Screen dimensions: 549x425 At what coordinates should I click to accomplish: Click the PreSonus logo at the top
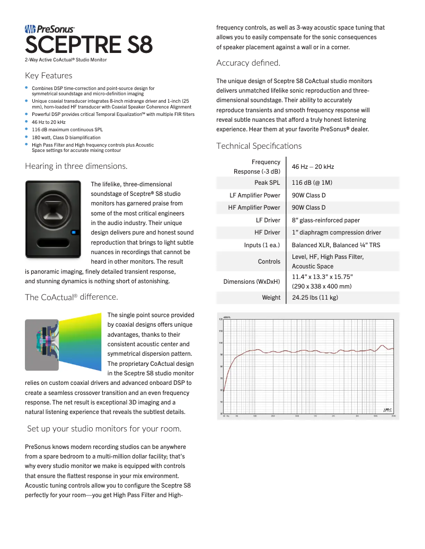coord(50,29)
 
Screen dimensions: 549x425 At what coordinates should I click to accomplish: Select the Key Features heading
coord(49,76)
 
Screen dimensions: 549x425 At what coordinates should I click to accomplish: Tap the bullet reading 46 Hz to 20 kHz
coord(49,122)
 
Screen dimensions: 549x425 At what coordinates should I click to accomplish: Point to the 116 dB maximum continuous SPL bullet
coord(67,129)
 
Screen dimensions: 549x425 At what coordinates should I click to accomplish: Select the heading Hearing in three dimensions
coord(76,166)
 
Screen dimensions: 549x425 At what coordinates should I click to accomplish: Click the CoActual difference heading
coord(71,297)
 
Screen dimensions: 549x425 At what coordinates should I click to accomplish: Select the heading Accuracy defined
coord(248,63)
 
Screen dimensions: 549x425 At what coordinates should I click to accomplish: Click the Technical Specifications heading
coord(259,146)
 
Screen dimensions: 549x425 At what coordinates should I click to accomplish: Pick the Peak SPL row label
coord(267,183)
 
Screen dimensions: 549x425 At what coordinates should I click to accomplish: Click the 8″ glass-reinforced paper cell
coord(325,220)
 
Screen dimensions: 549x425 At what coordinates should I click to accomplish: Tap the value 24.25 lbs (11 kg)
coord(315,298)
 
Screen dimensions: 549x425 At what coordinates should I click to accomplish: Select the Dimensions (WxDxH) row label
coord(252,282)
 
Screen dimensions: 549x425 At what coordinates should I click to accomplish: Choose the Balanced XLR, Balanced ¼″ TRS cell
coord(335,245)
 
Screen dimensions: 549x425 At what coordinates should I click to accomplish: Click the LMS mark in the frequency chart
coord(387,409)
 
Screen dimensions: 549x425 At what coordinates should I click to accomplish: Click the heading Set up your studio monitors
coord(104,428)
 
